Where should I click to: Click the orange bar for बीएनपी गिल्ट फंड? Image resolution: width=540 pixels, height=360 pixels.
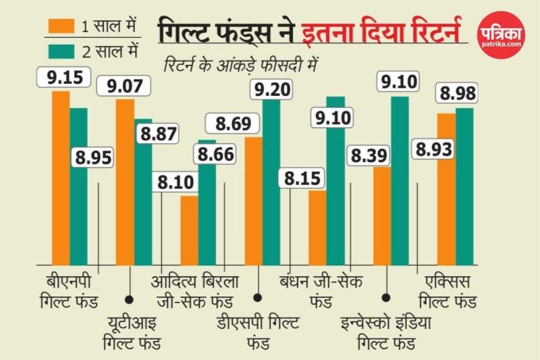tap(61, 178)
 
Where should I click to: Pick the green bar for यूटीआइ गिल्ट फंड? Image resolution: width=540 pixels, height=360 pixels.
tap(144, 192)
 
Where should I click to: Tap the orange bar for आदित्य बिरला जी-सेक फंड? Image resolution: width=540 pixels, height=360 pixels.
tap(189, 230)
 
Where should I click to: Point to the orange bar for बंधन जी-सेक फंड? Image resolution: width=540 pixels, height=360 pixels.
tap(317, 228)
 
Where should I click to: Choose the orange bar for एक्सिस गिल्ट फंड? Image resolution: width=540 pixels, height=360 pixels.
tap(446, 189)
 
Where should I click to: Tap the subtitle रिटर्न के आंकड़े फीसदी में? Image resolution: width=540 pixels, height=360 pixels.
tap(240, 66)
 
